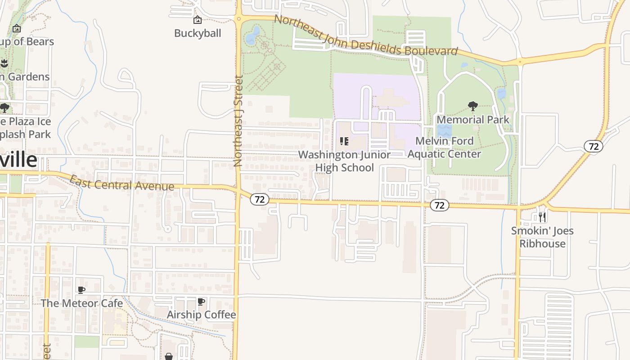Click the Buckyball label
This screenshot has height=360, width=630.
[x=198, y=33]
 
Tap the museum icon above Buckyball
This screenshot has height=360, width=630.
[x=197, y=20]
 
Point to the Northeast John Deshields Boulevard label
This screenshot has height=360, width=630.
[x=365, y=36]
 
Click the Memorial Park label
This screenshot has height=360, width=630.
[x=473, y=120]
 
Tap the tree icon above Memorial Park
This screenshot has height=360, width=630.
[x=472, y=106]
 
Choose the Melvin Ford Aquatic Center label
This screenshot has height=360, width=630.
[x=444, y=148]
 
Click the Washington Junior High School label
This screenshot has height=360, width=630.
[x=344, y=161]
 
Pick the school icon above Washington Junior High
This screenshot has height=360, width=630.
[x=344, y=141]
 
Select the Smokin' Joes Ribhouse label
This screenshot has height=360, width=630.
[x=542, y=237]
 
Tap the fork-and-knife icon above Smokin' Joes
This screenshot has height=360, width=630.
[x=542, y=217]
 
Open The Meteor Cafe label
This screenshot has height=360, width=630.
[x=82, y=303]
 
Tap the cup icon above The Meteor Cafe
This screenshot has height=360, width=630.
[x=81, y=290]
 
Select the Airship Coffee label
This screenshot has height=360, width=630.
[x=201, y=315]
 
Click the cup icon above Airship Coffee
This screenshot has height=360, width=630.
[x=201, y=301]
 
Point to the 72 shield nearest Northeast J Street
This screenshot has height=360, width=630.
[x=260, y=199]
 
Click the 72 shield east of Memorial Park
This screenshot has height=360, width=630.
[x=594, y=146]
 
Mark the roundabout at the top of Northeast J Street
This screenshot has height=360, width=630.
[x=238, y=19]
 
